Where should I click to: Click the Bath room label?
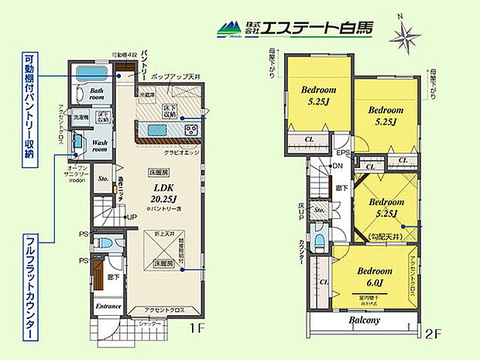(96, 94)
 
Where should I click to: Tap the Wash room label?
(101, 148)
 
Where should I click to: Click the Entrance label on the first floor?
(108, 306)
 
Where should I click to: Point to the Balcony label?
(363, 320)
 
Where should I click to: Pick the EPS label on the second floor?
(344, 153)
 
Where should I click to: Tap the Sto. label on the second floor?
(320, 209)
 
